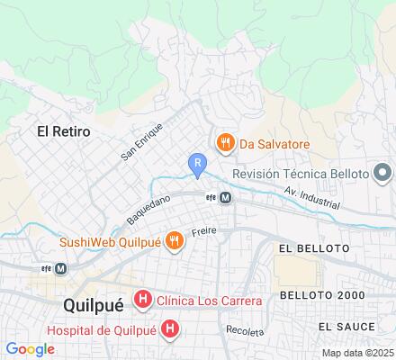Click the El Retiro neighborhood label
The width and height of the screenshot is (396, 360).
[x=63, y=131]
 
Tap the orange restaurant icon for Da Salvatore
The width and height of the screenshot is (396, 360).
[x=224, y=142]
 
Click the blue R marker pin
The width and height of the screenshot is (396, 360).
[x=197, y=164]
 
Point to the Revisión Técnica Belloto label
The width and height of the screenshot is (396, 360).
[x=301, y=173]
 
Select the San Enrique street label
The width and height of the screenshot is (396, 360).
[x=138, y=145]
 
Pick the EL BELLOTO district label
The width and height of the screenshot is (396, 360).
[x=313, y=247]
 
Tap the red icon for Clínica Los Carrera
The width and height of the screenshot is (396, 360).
[x=142, y=300]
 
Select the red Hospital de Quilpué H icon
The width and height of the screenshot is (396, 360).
[x=170, y=329]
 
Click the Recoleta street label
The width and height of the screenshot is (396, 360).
[x=246, y=331]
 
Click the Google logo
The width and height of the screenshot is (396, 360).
[x=31, y=349]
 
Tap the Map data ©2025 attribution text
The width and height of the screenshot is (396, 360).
[x=357, y=353]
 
